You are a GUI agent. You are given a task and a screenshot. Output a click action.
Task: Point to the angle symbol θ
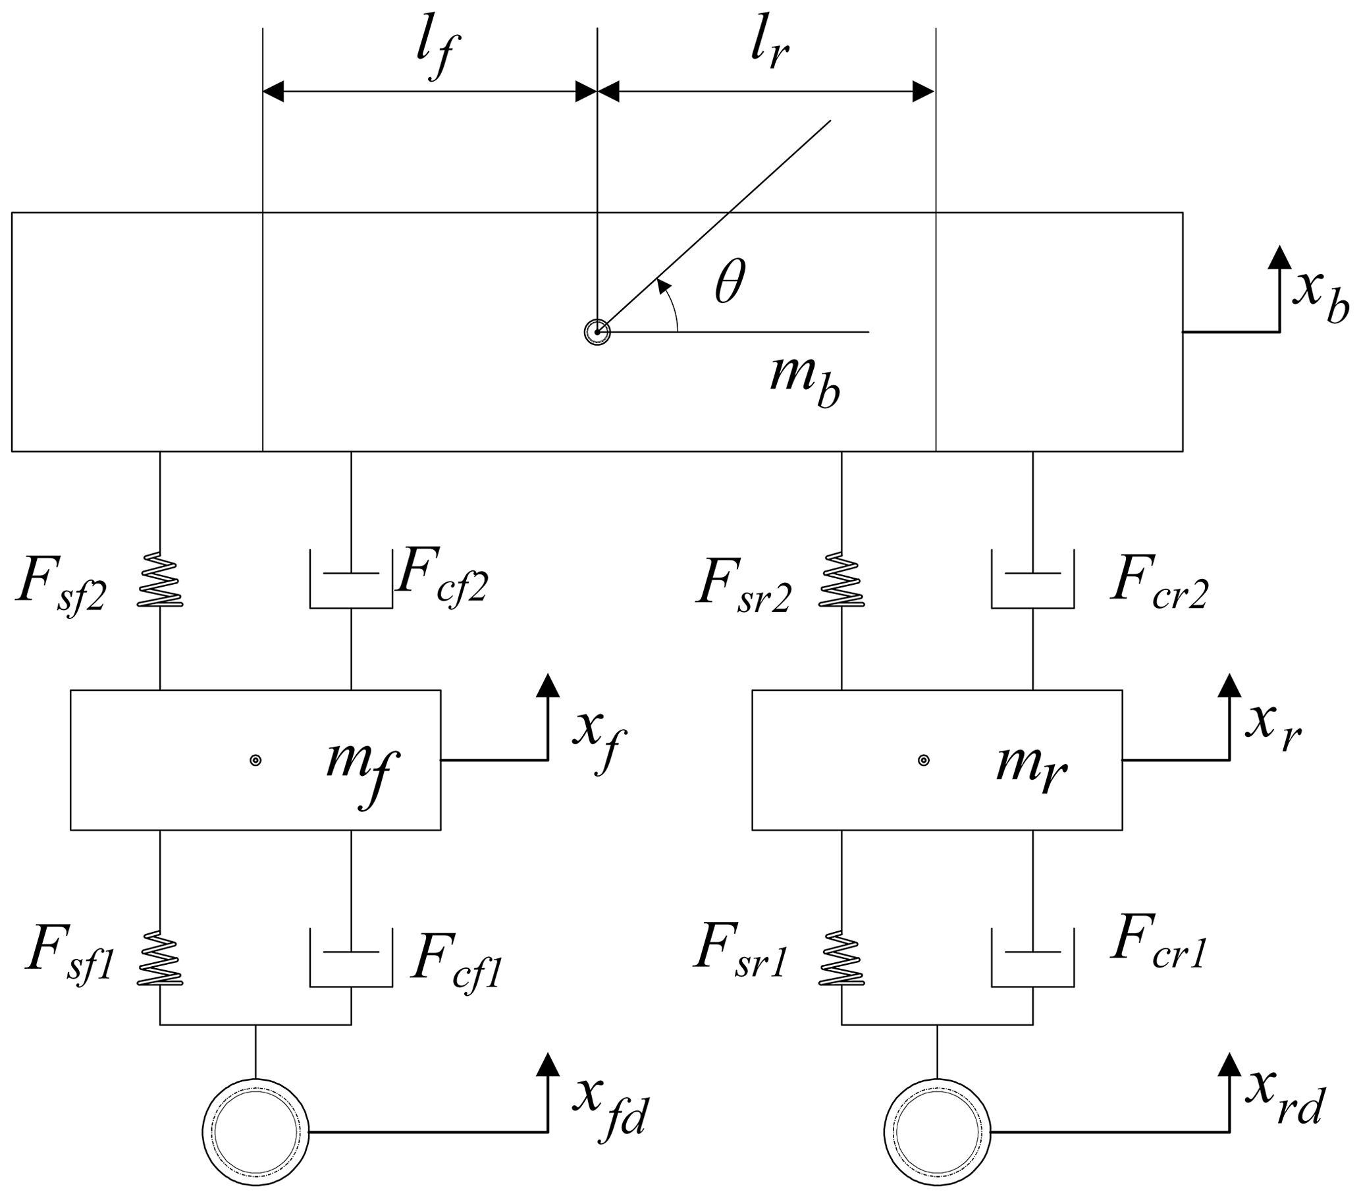point(730,283)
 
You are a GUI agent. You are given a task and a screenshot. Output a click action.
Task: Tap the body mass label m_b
point(805,381)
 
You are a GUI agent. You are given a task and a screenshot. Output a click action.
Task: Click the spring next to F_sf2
point(160,580)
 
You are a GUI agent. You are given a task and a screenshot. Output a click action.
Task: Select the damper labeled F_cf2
point(351,580)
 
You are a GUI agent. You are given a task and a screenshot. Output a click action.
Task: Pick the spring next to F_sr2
point(841,580)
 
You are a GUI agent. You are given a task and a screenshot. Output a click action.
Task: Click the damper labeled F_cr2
point(1032,580)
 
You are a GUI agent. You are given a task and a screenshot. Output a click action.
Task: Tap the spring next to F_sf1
point(160,958)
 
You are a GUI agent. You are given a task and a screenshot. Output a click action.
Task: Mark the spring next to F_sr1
point(841,958)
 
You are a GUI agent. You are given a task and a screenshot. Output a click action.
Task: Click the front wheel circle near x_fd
point(255,1131)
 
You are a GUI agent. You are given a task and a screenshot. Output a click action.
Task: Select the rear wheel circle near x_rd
point(937,1131)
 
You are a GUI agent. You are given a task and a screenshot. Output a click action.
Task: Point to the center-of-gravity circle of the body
point(597,332)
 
